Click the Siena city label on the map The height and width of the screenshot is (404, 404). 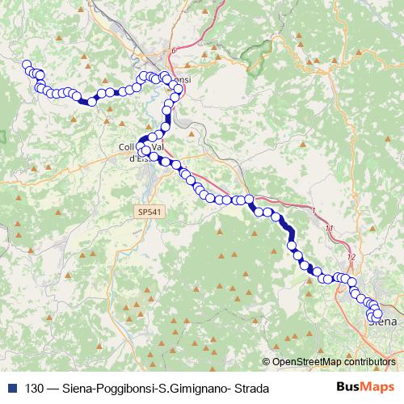(x=385, y=322)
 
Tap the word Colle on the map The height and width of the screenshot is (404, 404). (x=128, y=147)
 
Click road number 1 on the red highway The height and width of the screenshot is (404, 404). (x=313, y=211)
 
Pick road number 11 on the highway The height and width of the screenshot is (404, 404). (x=329, y=229)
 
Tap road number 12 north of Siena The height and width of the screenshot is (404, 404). (x=351, y=257)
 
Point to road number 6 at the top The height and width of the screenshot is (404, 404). (x=172, y=50)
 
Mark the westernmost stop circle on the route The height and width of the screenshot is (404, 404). (x=27, y=65)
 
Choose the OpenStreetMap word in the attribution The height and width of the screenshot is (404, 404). (x=306, y=363)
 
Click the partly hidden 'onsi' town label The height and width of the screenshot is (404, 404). (x=183, y=81)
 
